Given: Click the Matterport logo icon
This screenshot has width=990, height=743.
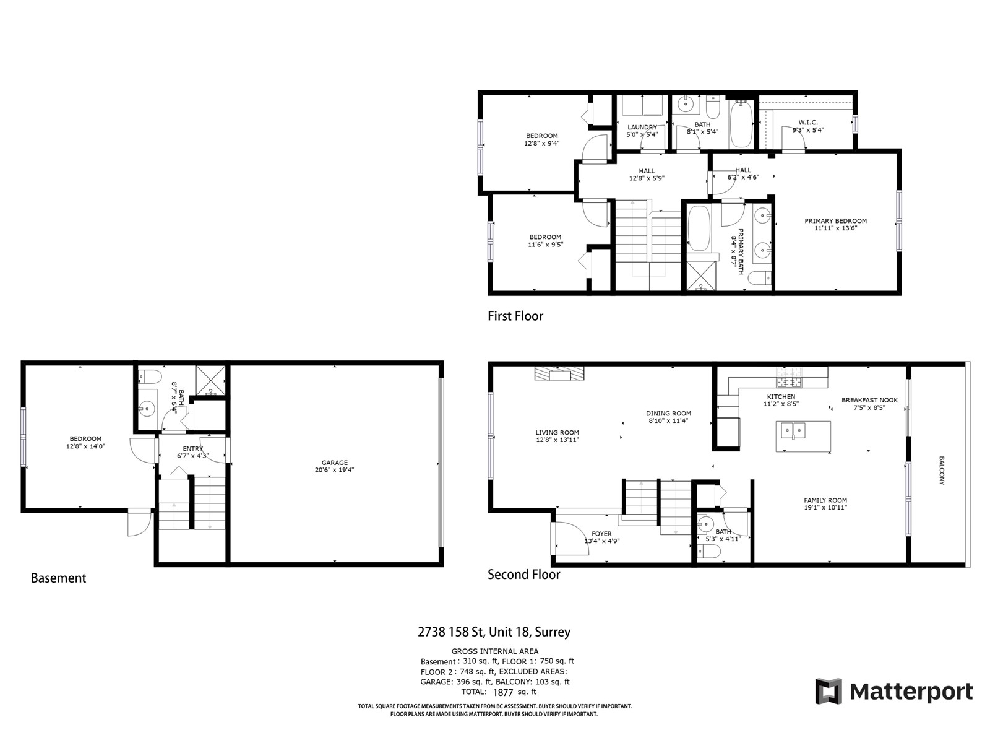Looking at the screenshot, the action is coord(829,690).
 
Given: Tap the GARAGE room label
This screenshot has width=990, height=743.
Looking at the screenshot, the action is coord(334,463).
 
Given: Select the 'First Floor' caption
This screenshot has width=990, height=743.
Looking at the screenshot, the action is coord(515,316).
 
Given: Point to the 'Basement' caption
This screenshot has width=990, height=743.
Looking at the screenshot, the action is coord(58,578).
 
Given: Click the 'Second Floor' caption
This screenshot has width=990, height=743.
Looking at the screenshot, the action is coord(523,575).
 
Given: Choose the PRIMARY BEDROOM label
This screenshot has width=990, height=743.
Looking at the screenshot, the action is coord(835,221).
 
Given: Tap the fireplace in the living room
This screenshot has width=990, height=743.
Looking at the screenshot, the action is coord(559,373).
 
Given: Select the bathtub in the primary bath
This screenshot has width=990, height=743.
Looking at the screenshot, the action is coord(699,228).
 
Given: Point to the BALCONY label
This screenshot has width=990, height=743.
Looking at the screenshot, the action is coord(942,471).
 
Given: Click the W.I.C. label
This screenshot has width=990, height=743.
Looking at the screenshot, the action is coord(808,123).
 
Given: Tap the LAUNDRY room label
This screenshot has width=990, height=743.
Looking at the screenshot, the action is coord(642,127).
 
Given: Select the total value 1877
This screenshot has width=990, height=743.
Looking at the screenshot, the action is coord(503,692).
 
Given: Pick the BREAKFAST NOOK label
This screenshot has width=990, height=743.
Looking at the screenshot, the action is coord(869,400).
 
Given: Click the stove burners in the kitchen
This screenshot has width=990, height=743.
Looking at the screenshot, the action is coord(789,377).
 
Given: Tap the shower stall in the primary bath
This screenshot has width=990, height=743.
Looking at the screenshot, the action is coord(700,275).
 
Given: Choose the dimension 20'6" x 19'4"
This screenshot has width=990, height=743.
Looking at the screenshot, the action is coord(334,470).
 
